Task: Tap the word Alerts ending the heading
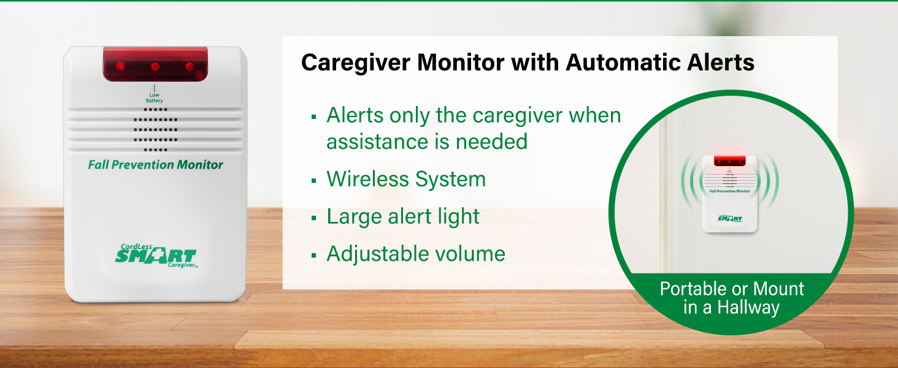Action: click(x=720, y=63)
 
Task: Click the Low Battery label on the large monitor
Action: click(x=155, y=98)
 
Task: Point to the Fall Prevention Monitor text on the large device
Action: click(x=156, y=165)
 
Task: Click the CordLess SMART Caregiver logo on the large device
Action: click(x=156, y=255)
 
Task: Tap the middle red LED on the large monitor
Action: click(x=155, y=66)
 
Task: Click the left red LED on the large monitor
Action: click(x=120, y=66)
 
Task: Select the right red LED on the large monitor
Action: click(x=190, y=66)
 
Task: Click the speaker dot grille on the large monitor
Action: click(x=156, y=129)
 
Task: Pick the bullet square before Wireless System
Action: click(x=314, y=180)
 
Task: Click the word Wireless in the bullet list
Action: click(x=367, y=179)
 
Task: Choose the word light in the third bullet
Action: click(x=458, y=217)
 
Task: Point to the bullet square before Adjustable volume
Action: click(x=314, y=255)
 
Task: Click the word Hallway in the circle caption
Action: click(x=748, y=308)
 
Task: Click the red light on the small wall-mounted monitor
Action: click(x=730, y=161)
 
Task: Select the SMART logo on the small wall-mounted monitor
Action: click(x=730, y=218)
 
